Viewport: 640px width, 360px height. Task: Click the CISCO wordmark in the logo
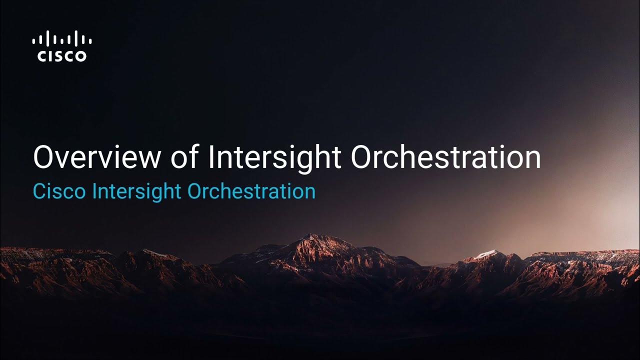click(62, 56)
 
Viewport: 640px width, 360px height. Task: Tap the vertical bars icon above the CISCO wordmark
click(62, 39)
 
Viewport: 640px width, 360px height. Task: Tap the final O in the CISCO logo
click(80, 56)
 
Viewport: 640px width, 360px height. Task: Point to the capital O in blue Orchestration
click(194, 191)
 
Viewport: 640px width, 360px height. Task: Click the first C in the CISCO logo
click(42, 56)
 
